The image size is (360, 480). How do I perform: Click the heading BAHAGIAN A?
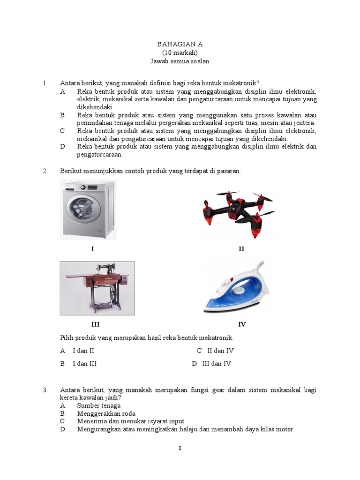(180, 44)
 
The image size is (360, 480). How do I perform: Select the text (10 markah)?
(180, 52)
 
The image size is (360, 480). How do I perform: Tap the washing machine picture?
(88, 210)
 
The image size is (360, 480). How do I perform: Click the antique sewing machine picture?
(97, 288)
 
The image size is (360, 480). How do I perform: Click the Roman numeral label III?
(95, 324)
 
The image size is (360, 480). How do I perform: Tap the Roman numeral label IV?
(241, 324)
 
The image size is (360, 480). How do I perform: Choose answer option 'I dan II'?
(83, 351)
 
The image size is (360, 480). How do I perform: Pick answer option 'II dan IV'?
(220, 351)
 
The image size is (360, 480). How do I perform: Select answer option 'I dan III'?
(84, 363)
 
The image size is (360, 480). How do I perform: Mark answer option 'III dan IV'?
(217, 363)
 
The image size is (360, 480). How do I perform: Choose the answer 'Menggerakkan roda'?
(106, 413)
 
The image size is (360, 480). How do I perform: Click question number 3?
(45, 390)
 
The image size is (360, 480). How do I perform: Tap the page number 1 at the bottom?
(180, 448)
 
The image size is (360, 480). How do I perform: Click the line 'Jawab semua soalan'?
(180, 61)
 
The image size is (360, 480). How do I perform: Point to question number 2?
(45, 171)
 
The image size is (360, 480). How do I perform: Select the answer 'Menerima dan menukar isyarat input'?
(130, 421)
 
